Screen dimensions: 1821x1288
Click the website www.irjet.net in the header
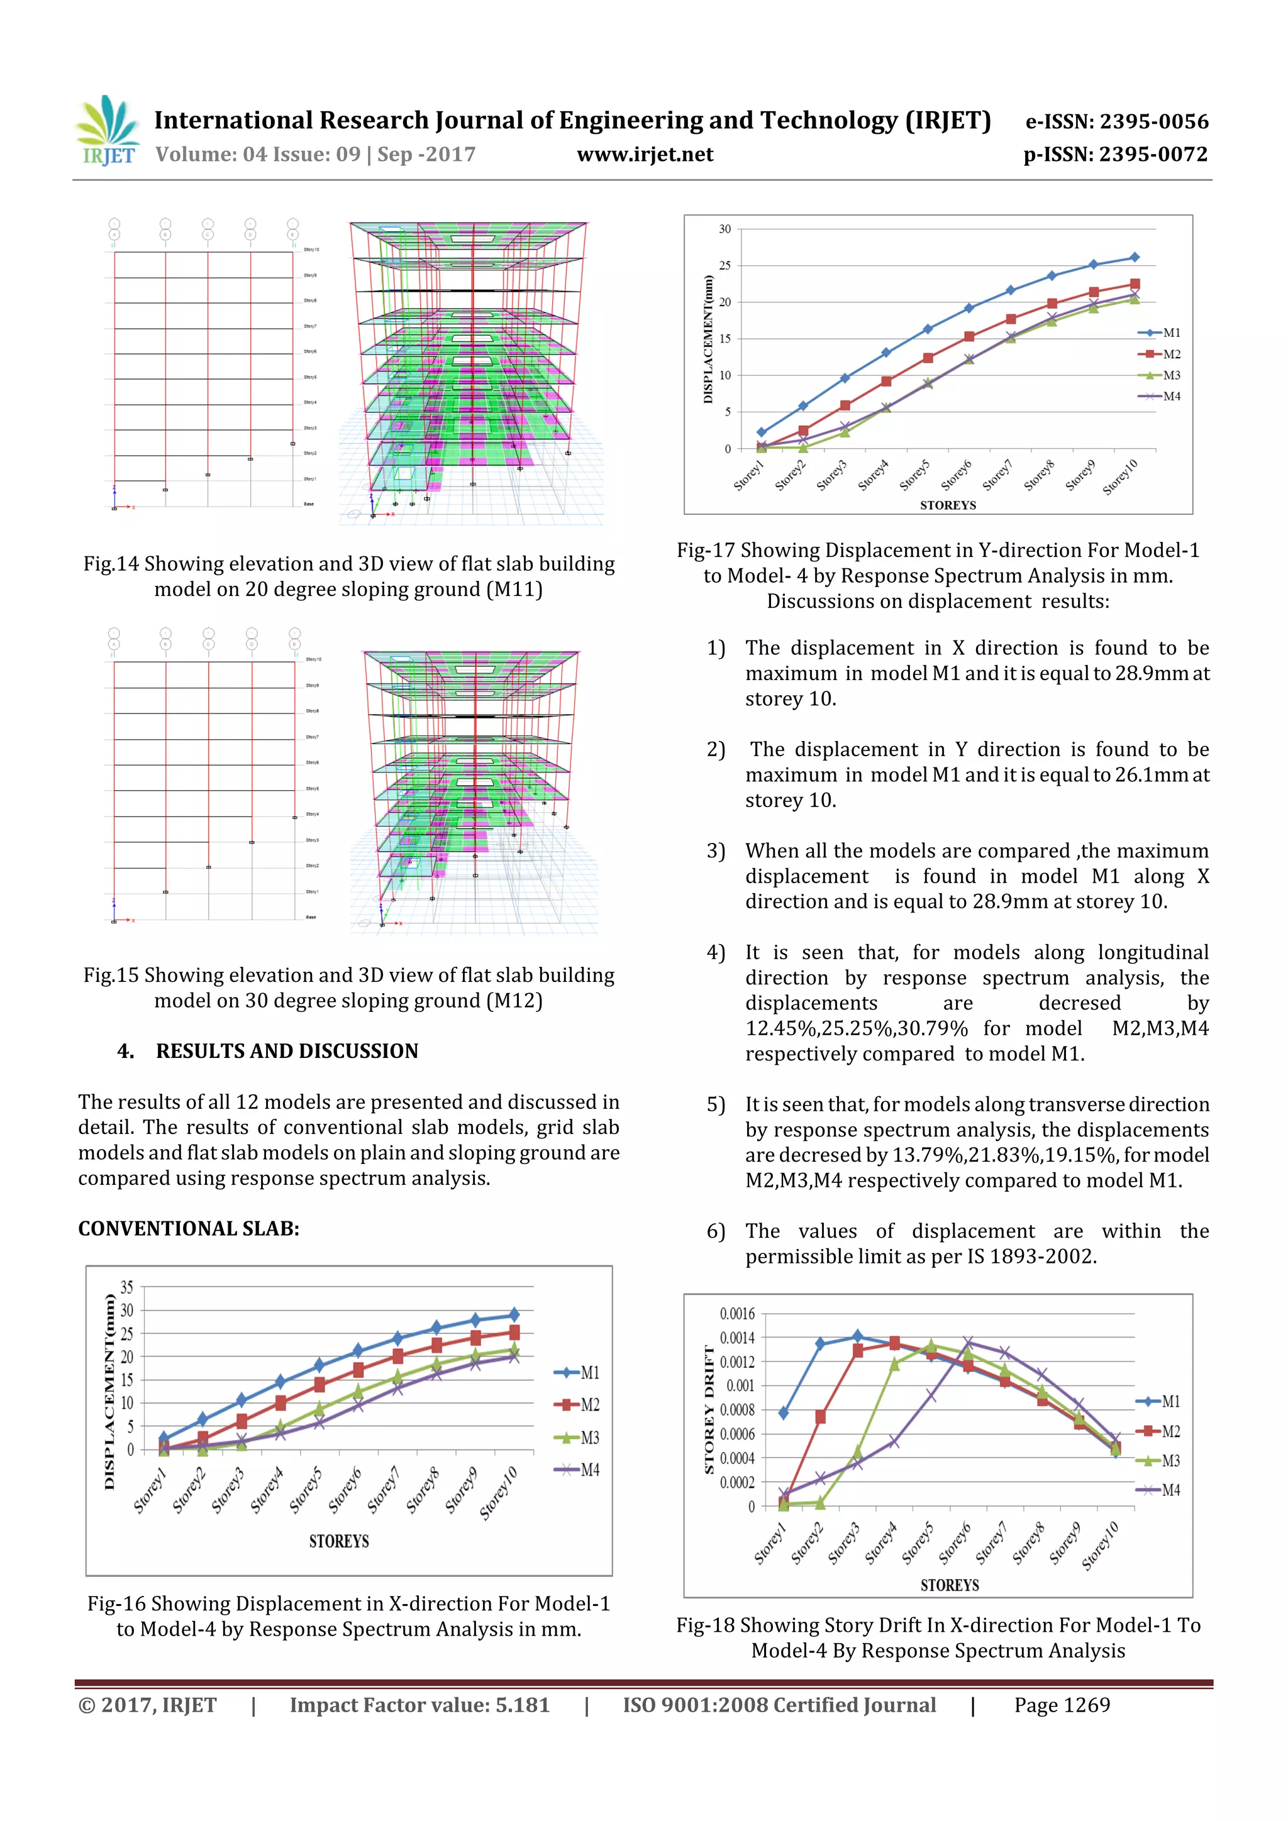point(645,155)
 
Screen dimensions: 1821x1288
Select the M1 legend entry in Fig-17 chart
point(1160,333)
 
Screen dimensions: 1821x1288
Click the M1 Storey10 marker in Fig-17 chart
point(1134,257)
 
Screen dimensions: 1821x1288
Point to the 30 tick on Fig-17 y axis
point(724,229)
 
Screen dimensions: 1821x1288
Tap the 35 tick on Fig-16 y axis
point(127,1287)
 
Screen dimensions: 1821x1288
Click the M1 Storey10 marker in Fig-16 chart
point(514,1314)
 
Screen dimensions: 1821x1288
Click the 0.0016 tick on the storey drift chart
point(736,1313)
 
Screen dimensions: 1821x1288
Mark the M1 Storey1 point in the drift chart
point(783,1412)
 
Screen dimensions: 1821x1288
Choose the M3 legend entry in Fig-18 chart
point(1160,1460)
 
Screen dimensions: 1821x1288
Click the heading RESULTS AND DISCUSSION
point(287,1051)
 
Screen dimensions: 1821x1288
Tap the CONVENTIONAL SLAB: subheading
point(189,1228)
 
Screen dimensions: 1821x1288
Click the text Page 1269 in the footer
point(1062,1705)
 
